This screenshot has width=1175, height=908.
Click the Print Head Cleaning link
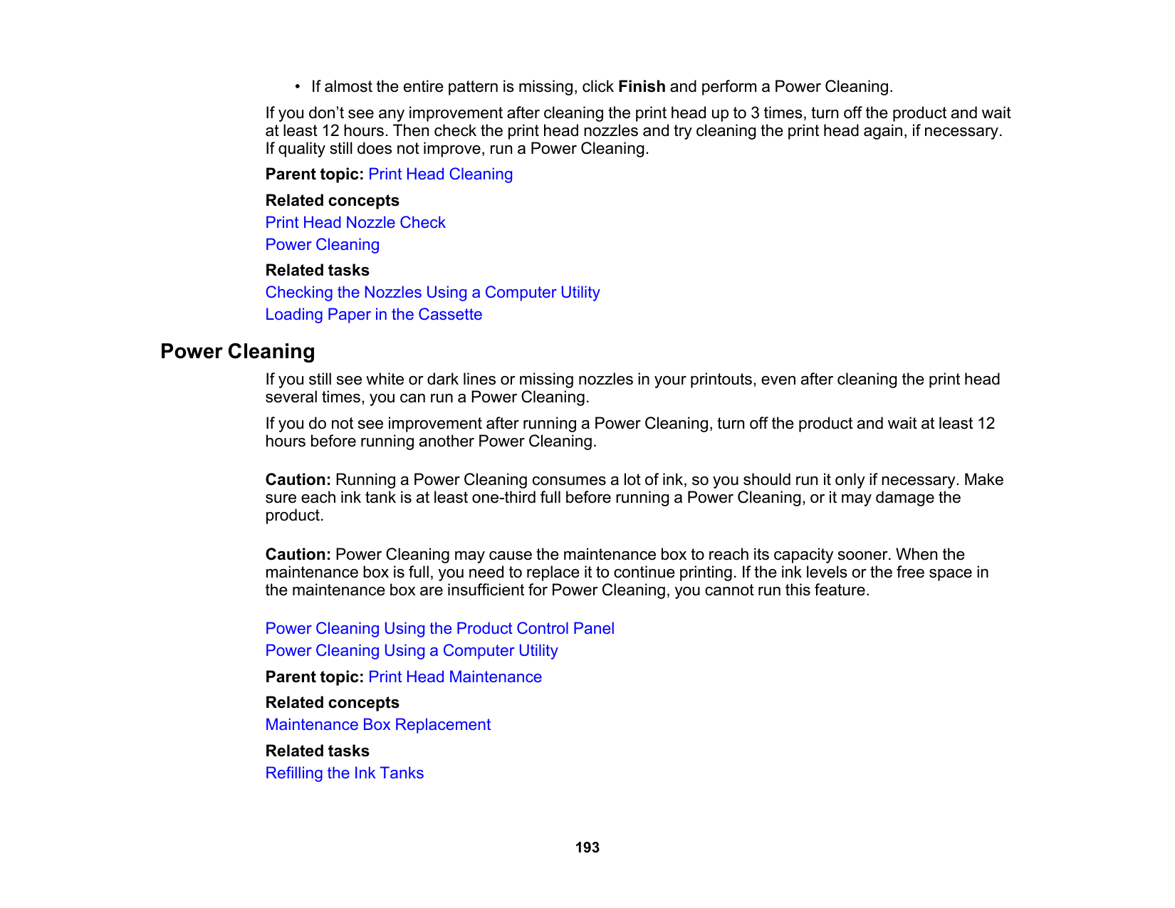[x=440, y=174]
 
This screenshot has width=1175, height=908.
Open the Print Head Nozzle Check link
[x=355, y=223]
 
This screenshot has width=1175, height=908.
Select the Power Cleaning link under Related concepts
[x=322, y=245]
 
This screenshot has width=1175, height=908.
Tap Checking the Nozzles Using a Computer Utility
[x=432, y=293]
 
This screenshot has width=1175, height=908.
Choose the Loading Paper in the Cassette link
[x=373, y=315]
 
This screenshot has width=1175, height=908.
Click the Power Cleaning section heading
[x=237, y=352]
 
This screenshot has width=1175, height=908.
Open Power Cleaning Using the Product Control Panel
[x=439, y=629]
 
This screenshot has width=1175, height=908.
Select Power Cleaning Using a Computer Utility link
[x=411, y=651]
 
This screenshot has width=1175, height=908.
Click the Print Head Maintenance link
[x=454, y=677]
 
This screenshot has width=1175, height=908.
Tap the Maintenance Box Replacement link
[x=377, y=725]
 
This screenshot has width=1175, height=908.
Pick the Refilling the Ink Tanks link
[x=344, y=773]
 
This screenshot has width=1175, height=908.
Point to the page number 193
[x=587, y=847]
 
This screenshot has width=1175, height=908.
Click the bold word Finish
[x=642, y=87]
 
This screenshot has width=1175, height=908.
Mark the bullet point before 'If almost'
[x=297, y=87]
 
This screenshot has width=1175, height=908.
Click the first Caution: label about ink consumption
[x=298, y=480]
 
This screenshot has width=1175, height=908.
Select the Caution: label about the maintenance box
[x=298, y=555]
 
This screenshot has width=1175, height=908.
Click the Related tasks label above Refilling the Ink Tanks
[x=317, y=751]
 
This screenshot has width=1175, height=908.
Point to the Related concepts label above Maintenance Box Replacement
[x=332, y=703]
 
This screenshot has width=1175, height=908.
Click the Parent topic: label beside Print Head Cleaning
[x=314, y=174]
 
